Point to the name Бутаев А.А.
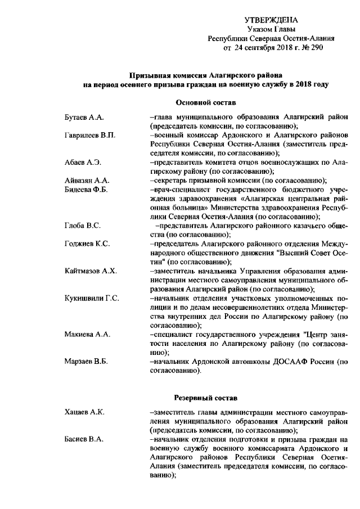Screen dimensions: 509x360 81,117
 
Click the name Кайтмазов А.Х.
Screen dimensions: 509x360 90,271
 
